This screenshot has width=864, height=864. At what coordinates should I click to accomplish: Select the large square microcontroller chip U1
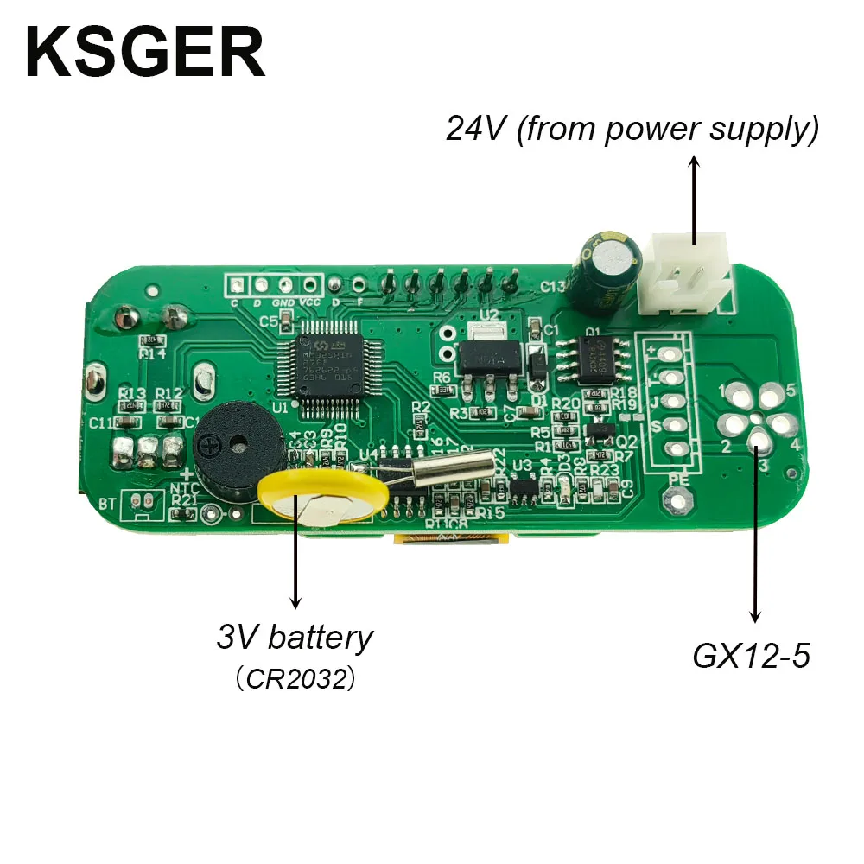click(327, 357)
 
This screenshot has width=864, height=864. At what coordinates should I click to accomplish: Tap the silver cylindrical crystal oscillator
click(450, 472)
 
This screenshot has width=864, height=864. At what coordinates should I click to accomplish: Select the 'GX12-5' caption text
click(751, 658)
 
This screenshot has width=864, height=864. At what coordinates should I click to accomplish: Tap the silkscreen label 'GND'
click(283, 303)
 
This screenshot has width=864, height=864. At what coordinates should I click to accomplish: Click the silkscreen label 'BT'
click(108, 503)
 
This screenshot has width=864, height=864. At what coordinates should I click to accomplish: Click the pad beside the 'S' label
click(680, 425)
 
